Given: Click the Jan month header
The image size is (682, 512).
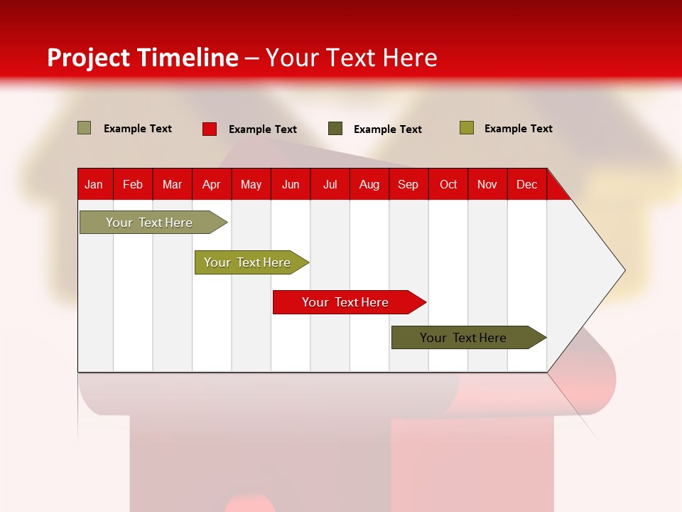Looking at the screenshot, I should pos(94,184).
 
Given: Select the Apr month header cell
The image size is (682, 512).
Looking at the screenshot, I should pos(211,184).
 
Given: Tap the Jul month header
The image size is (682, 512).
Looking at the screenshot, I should pos(330,184).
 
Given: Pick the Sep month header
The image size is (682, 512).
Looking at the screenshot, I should pos(408,184).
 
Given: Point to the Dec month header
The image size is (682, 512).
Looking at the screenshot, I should pos(526,184).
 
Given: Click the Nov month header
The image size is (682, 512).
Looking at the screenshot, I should pos(487,184).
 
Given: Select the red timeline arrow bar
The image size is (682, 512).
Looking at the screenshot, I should pos(345,302).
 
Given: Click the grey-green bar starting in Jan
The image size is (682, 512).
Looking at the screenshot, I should pos(149,223).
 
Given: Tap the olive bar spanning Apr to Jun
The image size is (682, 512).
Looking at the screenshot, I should pos(247,262).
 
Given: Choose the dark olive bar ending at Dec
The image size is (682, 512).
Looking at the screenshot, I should pos(463,338).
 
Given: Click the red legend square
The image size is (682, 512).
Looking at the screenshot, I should pos(210,129).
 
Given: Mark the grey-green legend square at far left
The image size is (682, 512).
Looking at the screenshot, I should pos(84,128).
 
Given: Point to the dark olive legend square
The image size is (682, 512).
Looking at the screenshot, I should pos(335,129).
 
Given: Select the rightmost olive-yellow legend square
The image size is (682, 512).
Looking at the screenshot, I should pos(466,128).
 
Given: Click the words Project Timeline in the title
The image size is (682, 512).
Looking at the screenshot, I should pos(142,58).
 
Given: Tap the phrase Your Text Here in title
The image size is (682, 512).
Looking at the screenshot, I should pos(351,58).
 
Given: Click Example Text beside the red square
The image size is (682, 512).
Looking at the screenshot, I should pos(262,129).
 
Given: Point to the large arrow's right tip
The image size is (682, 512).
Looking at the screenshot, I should pos(623,270).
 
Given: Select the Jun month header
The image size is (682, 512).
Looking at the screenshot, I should pos(291,184).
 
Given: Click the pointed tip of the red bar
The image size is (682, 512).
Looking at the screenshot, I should pos(424,302).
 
